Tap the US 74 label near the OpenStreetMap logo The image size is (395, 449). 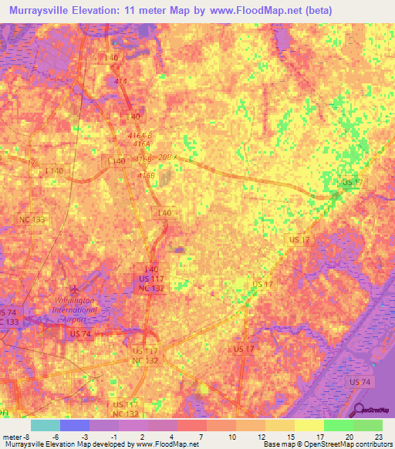(360, 382)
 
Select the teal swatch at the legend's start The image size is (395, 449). (45, 424)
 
